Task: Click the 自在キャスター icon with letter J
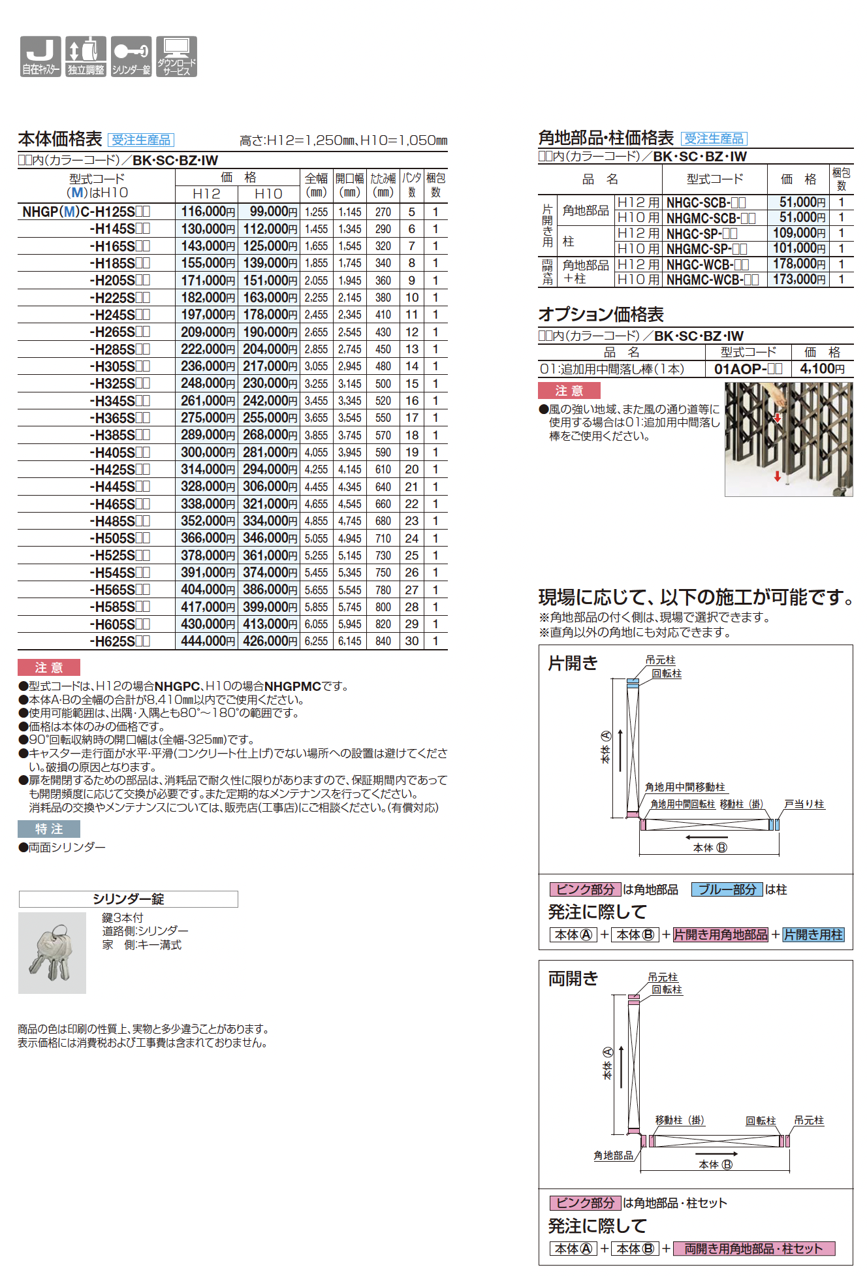(x=40, y=57)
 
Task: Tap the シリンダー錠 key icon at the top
(x=131, y=57)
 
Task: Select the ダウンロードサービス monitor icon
(x=176, y=57)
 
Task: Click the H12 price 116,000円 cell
(x=207, y=212)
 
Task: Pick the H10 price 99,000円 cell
(x=269, y=212)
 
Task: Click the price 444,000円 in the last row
(x=207, y=641)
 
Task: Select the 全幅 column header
(x=316, y=185)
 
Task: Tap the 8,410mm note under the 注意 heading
(x=163, y=699)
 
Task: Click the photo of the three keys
(x=52, y=953)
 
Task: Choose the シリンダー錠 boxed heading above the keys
(x=128, y=899)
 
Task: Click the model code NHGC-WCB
(x=707, y=264)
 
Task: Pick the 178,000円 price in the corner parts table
(x=798, y=264)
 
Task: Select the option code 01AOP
(x=748, y=369)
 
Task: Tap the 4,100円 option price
(x=822, y=369)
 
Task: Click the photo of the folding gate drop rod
(x=788, y=439)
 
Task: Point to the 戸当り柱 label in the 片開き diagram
(x=804, y=804)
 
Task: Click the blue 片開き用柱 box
(x=813, y=934)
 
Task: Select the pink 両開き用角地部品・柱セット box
(x=753, y=1249)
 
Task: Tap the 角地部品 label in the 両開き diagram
(x=613, y=1155)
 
